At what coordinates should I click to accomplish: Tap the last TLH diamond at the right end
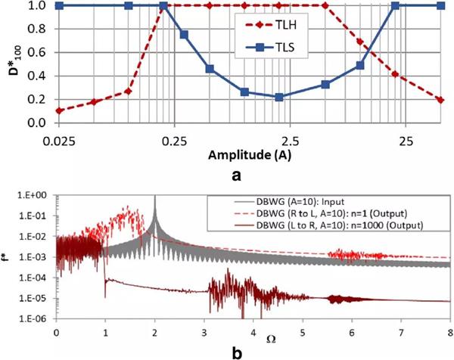coord(440,99)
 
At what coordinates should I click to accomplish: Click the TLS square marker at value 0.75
coord(184,35)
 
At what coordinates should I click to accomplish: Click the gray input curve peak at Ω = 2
coord(154,198)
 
